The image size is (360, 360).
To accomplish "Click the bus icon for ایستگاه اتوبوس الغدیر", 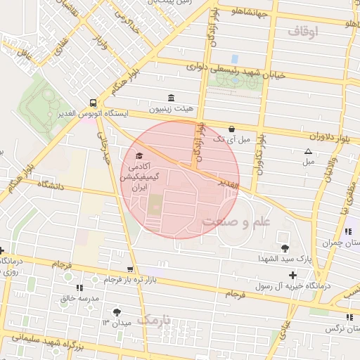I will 93,103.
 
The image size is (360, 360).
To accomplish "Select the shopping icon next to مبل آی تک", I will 232,129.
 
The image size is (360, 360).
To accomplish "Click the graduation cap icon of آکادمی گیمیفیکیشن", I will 139,155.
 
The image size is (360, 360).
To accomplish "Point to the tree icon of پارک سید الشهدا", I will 285,247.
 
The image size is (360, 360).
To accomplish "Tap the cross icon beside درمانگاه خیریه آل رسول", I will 292,275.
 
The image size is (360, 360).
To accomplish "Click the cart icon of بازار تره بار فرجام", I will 129,269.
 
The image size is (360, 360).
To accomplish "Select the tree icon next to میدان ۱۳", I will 116,311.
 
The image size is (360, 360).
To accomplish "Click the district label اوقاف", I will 303,32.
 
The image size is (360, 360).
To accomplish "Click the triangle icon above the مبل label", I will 308,151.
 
